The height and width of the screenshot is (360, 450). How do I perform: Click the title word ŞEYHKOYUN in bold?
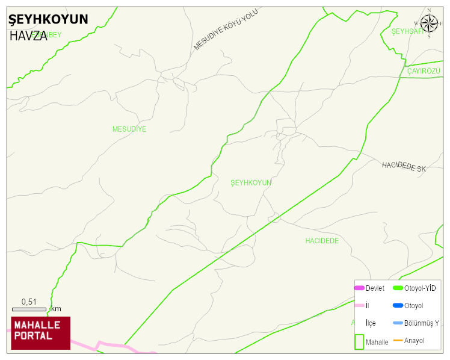click(48, 19)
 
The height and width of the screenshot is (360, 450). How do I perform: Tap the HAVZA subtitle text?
click(28, 36)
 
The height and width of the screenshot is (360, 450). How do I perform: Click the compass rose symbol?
click(429, 23)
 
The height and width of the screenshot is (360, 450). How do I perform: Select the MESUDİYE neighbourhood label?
click(129, 129)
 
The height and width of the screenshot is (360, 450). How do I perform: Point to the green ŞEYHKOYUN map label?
click(251, 182)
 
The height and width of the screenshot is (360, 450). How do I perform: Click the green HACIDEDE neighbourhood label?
click(322, 241)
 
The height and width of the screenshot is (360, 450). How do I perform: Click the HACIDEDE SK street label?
click(404, 167)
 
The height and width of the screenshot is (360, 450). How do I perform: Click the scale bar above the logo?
click(29, 309)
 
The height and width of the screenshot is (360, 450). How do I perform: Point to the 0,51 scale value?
click(29, 302)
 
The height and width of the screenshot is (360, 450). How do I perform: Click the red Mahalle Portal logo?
click(41, 333)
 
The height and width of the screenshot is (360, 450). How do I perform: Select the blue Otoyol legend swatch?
click(398, 306)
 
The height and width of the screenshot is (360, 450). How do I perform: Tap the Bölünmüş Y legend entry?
click(421, 323)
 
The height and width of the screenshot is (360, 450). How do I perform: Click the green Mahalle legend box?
click(359, 341)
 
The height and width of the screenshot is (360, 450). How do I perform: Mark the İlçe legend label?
click(371, 323)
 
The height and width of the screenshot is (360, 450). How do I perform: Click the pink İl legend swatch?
click(359, 306)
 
